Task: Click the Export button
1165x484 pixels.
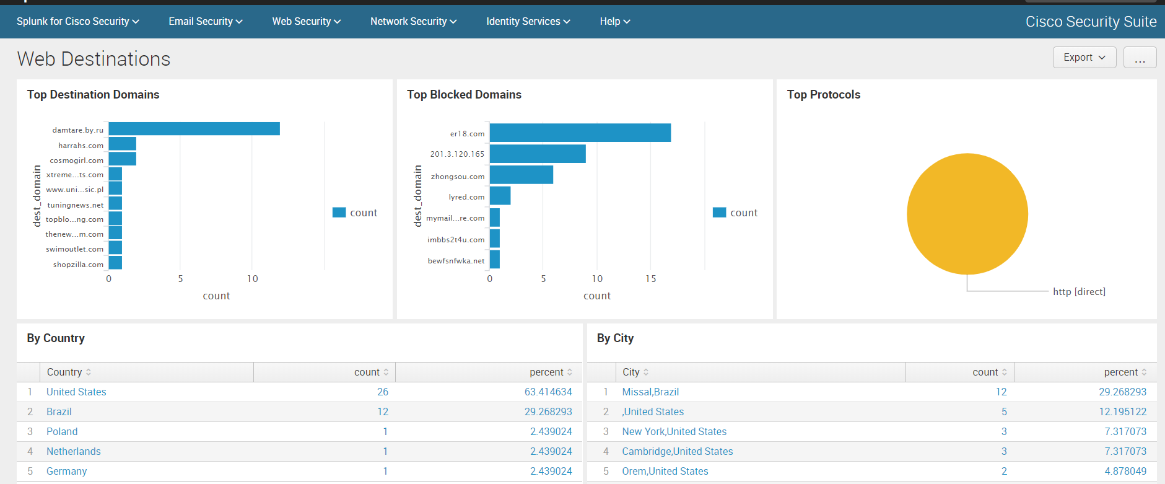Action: click(1084, 58)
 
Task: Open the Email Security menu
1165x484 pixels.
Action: click(205, 22)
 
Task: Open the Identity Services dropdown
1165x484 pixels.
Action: click(528, 22)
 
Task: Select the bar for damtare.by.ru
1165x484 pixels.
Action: click(194, 129)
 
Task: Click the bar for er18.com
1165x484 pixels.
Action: click(580, 133)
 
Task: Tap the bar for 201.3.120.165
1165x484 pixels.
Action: click(537, 154)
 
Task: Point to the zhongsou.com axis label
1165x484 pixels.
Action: click(457, 177)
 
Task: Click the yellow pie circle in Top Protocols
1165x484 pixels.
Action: click(967, 214)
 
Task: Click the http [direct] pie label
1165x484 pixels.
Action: click(1079, 292)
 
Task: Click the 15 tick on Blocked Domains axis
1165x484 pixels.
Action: click(650, 279)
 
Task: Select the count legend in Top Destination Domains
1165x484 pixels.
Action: click(356, 213)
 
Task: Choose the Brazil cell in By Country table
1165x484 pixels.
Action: click(59, 412)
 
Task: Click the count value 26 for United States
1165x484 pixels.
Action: click(383, 392)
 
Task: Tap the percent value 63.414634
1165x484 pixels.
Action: click(548, 392)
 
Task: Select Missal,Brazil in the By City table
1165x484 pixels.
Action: click(650, 392)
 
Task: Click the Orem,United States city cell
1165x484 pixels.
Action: click(665, 472)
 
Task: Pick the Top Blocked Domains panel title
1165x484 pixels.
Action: click(464, 95)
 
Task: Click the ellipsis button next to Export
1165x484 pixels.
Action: click(1140, 58)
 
